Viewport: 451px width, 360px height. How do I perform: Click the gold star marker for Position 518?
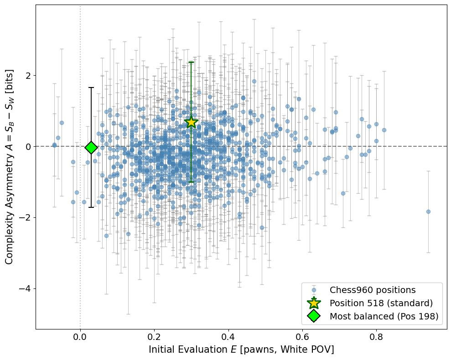pos(191,122)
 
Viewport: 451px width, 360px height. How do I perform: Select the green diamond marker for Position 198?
pos(91,147)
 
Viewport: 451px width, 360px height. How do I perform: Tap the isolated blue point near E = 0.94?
pos(428,211)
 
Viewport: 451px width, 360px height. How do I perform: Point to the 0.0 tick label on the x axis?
pos(80,338)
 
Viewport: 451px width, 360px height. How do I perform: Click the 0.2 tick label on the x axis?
pos(154,338)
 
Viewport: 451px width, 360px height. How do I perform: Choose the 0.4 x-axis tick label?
pos(228,338)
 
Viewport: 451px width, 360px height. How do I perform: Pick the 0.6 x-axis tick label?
pos(302,338)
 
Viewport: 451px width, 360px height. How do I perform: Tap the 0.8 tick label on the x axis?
pos(376,338)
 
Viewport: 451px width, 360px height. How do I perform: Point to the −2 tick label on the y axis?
pos(25,217)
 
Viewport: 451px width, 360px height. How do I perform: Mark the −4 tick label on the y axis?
pos(25,289)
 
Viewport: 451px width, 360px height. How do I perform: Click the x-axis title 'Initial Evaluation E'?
pos(241,350)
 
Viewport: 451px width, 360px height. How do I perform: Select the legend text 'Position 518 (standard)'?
pos(381,303)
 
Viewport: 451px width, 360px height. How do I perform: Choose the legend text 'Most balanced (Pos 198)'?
pos(384,316)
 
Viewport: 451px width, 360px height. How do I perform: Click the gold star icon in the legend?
pos(314,303)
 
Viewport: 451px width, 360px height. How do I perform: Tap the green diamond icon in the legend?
pos(314,316)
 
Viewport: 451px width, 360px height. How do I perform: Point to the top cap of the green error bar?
pos(191,62)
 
